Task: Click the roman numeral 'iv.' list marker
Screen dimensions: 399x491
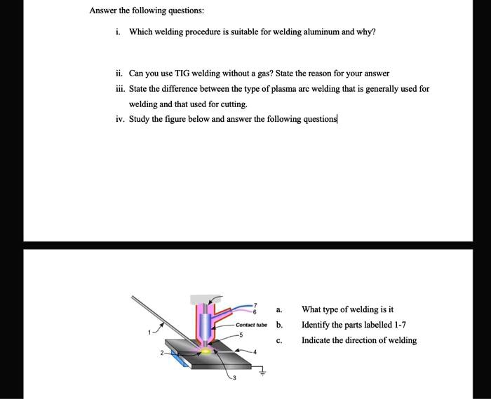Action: pos(121,119)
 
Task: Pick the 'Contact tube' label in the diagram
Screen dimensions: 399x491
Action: pos(251,325)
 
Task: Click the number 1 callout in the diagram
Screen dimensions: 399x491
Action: pos(149,332)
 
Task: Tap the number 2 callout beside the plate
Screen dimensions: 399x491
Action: pos(161,353)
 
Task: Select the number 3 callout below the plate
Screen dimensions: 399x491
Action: pos(235,377)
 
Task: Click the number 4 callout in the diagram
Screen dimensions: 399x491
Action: pos(255,351)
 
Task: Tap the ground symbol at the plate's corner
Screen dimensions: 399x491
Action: pos(264,373)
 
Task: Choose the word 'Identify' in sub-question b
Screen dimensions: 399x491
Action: pos(316,325)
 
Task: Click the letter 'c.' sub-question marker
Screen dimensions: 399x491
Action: pos(279,341)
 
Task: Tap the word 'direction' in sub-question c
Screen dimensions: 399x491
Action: pos(371,341)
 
